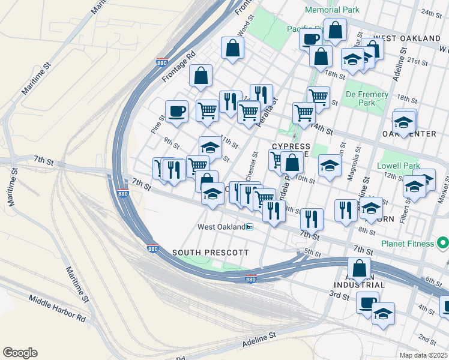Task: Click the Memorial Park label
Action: (332, 10)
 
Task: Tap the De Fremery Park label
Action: (367, 98)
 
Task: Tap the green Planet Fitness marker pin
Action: (443, 244)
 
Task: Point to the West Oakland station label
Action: (221, 227)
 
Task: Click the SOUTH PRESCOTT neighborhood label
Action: (210, 253)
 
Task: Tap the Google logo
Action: (20, 353)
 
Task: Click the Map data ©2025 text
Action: (424, 355)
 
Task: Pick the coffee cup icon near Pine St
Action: (176, 111)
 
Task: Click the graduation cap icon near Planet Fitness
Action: (414, 187)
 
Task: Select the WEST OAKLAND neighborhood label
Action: (407, 38)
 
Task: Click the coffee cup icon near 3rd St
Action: (367, 303)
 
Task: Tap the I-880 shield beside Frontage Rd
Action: (161, 62)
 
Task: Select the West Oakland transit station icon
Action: (250, 227)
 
